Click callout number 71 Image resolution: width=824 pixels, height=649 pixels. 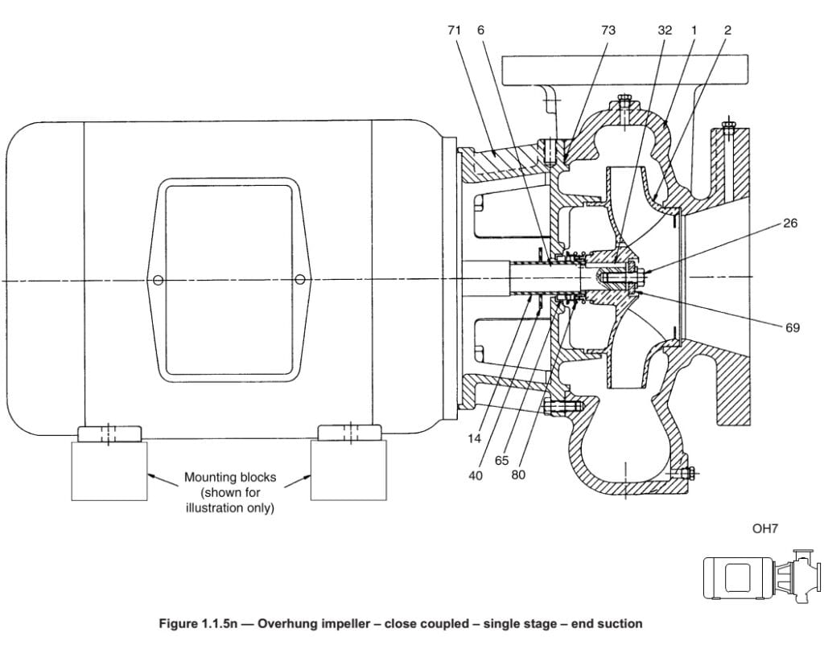point(454,31)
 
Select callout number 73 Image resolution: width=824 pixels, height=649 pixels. point(608,31)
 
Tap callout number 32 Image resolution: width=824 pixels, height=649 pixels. point(665,31)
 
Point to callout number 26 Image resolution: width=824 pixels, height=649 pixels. point(790,223)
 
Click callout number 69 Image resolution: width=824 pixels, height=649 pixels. point(793,327)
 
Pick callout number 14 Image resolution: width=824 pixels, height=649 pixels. point(474,438)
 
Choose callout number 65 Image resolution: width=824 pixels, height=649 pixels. point(502,461)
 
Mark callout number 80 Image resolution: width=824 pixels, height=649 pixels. point(518,474)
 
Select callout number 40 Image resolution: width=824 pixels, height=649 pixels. point(476,475)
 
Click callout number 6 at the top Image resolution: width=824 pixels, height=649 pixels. point(480,31)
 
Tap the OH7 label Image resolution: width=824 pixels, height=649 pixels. point(764,528)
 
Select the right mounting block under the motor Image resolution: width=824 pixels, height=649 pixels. point(349,470)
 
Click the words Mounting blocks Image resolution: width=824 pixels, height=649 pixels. point(230,477)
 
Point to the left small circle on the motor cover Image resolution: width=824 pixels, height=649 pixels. point(158,281)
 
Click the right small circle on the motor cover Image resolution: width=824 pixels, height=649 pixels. point(299,279)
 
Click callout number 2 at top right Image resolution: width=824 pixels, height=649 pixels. point(727,31)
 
